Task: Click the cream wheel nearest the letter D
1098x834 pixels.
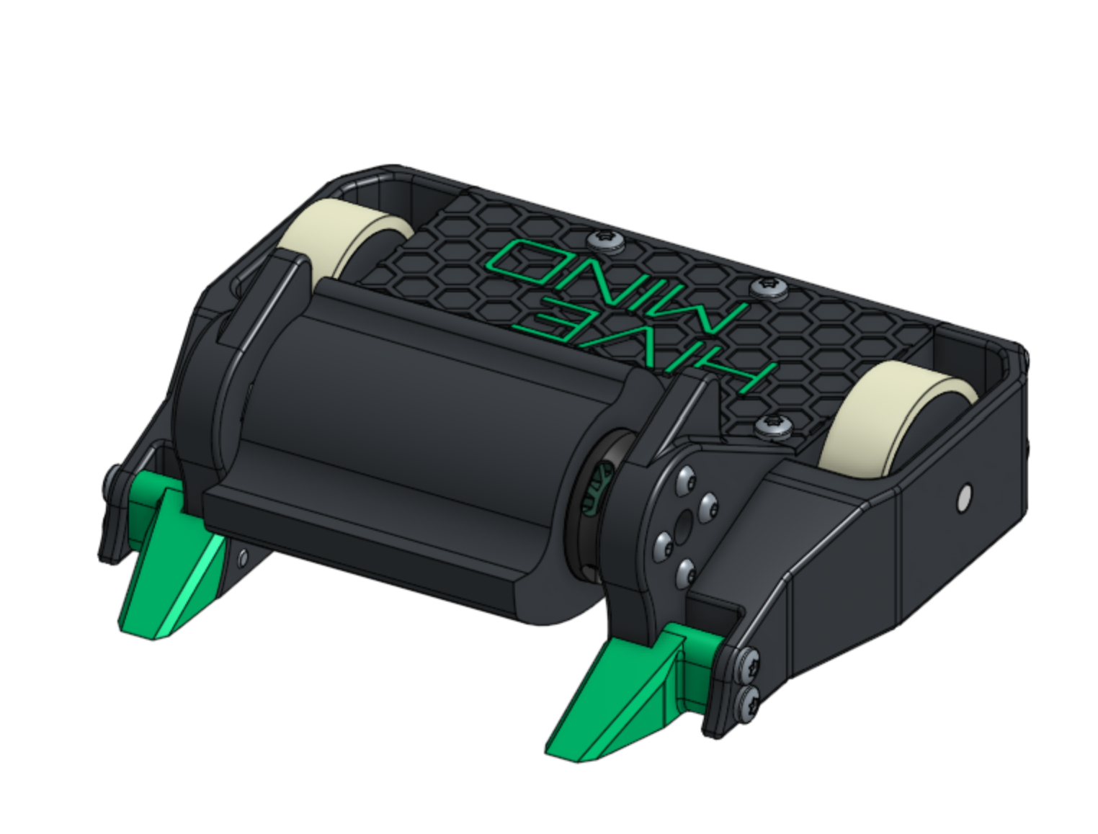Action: click(x=345, y=240)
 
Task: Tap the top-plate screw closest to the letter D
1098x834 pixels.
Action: click(x=606, y=240)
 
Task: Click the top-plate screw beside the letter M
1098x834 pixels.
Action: click(x=769, y=289)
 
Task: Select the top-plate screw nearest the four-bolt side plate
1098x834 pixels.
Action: click(x=774, y=428)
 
